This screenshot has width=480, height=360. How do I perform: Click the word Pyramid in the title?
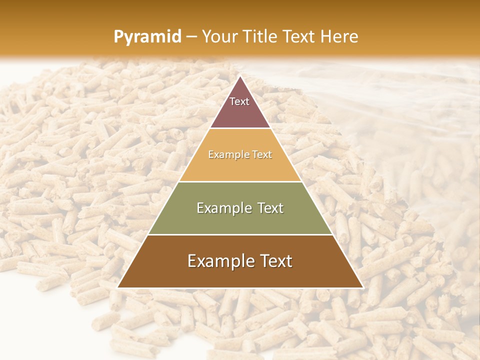pyautogui.click(x=147, y=37)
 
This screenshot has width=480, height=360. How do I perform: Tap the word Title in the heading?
pyautogui.click(x=261, y=37)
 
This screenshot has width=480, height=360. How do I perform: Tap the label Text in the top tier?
pyautogui.click(x=239, y=101)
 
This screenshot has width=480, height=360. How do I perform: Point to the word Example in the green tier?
pyautogui.click(x=222, y=208)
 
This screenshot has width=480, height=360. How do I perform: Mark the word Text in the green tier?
pyautogui.click(x=269, y=208)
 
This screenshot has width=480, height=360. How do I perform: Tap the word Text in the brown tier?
pyautogui.click(x=274, y=261)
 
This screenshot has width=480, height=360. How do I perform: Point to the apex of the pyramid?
pyautogui.click(x=240, y=76)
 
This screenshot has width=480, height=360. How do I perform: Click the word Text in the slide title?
pyautogui.click(x=299, y=37)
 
